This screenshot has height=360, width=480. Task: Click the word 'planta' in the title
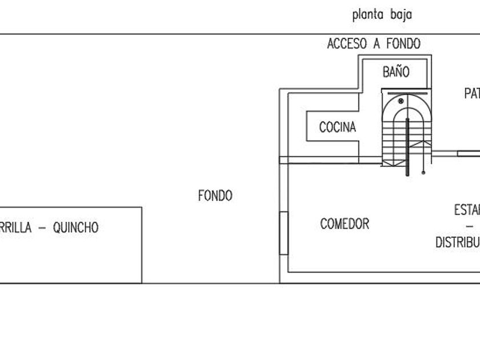367,15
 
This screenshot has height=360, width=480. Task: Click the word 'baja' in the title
401,15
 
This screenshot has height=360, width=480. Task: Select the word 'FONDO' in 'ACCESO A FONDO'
403,44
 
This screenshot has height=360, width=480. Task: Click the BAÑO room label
396,73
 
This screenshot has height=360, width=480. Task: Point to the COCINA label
337,127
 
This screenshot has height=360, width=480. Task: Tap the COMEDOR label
345,224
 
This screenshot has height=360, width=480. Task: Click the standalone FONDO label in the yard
215,196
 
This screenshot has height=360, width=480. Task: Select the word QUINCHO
75,228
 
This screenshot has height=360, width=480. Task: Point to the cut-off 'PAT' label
472,94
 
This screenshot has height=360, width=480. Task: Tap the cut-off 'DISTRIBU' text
457,242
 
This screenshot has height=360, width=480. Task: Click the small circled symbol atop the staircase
401,101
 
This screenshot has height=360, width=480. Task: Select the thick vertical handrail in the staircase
407,146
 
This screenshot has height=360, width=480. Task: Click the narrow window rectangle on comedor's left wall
283,233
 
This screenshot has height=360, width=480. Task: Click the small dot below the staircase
423,171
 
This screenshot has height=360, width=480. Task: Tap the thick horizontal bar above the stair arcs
407,91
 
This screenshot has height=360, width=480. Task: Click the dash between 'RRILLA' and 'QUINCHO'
42,228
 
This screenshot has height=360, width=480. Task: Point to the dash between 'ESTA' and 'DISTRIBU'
475,227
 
